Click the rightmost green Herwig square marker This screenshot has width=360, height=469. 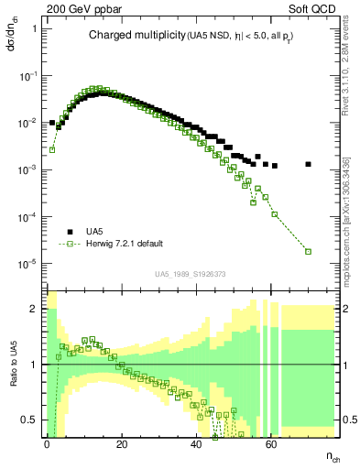tap(308, 251)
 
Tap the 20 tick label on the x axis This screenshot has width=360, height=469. tap(121, 442)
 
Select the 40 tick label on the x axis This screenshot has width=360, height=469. tap(196, 442)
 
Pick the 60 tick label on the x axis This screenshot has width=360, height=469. tap(270, 442)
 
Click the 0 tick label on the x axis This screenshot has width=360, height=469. tap(47, 442)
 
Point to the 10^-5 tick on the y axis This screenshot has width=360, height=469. tap(29, 264)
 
